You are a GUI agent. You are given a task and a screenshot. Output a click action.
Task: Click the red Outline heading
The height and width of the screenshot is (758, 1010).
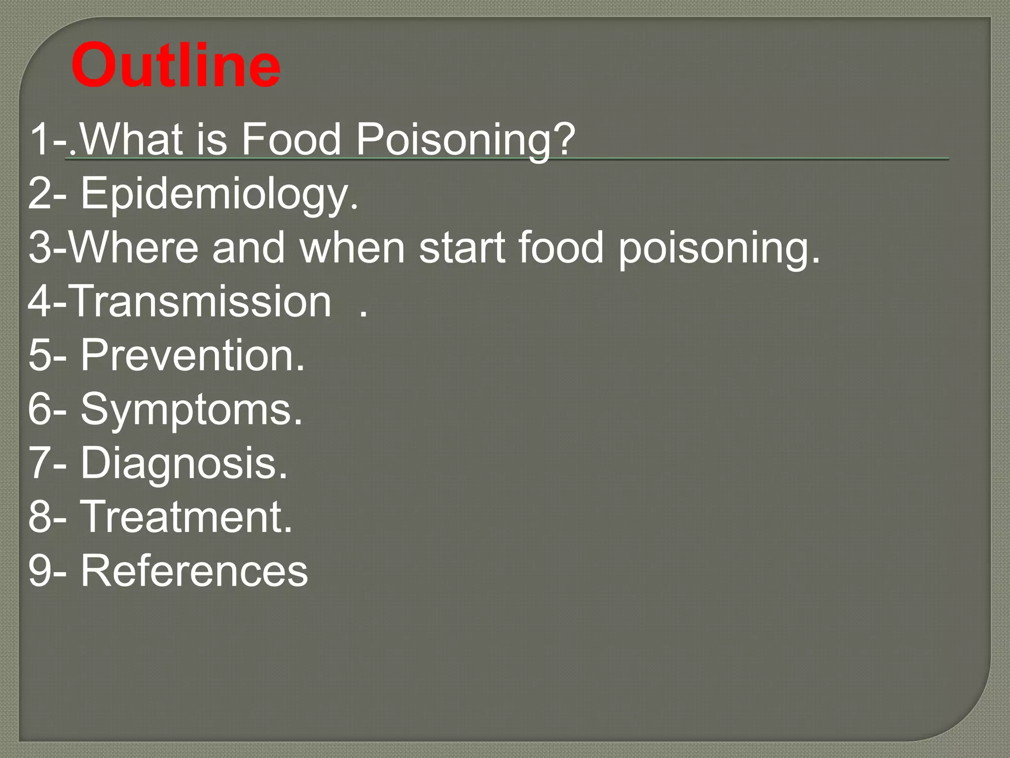click(x=176, y=66)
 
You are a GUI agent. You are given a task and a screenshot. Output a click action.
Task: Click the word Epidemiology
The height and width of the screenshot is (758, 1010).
click(x=219, y=194)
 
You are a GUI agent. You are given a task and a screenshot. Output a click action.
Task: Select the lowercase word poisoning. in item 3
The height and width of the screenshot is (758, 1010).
click(x=720, y=249)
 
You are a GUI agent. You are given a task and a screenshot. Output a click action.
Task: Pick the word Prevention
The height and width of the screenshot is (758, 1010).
click(x=193, y=355)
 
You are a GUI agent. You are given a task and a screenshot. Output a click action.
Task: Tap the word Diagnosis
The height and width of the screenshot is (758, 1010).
click(x=184, y=464)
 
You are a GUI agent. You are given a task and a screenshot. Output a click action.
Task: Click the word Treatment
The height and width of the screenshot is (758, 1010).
click(x=186, y=517)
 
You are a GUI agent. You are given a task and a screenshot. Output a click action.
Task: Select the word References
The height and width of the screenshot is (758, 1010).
click(x=194, y=570)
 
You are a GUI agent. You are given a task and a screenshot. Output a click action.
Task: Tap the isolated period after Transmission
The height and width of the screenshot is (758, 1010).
click(x=363, y=314)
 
